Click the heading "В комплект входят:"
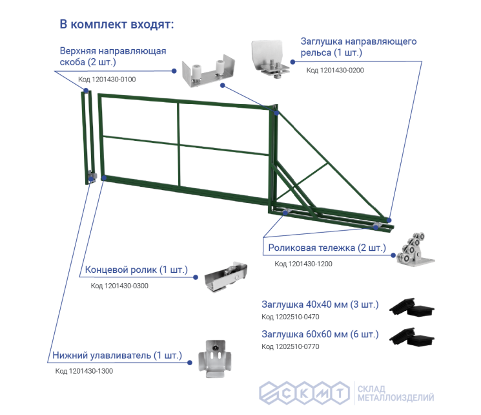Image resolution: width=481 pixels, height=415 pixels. tap(117, 25)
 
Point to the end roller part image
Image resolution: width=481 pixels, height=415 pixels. tap(226, 277)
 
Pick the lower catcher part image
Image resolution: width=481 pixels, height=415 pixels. tap(215, 358)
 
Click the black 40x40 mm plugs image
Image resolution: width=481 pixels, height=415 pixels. tap(412, 307)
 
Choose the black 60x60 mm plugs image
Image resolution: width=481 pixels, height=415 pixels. tap(412, 336)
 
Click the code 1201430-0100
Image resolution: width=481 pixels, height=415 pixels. tap(107, 80)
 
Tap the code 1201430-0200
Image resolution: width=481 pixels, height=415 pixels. tap(335, 70)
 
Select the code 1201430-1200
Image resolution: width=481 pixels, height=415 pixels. tap(303, 264)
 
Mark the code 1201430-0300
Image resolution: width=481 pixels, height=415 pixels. tap(119, 286)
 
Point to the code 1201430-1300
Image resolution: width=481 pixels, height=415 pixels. tap(84, 371)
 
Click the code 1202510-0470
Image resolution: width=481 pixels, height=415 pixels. tap(290, 317)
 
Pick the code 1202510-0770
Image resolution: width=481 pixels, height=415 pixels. tap(290, 346)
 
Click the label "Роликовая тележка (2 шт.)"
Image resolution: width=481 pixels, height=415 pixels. tap(327, 248)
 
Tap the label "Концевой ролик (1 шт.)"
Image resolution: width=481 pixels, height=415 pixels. tap(136, 270)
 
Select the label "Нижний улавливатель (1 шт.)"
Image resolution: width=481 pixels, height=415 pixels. tap(117, 356)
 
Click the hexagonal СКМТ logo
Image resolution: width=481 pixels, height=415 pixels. tap(304, 393)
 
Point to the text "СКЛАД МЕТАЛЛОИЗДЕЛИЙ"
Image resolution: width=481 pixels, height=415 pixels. tap(396, 394)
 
